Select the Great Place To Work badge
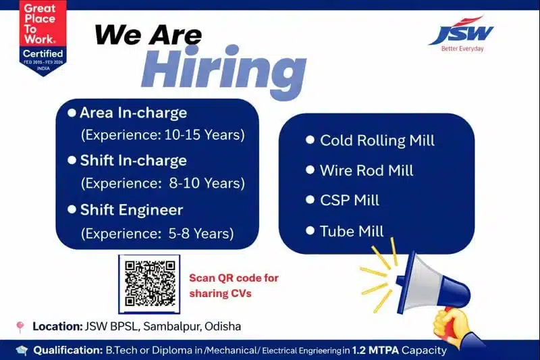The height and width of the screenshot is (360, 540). (x=43, y=37)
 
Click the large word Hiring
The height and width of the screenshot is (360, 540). (x=223, y=70)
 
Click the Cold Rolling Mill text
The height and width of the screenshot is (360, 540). (x=377, y=140)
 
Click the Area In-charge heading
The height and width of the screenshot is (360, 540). (x=133, y=113)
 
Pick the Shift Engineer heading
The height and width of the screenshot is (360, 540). (x=132, y=210)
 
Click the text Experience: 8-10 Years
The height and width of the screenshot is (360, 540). (x=163, y=183)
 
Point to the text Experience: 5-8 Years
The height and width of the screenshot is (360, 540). (x=157, y=234)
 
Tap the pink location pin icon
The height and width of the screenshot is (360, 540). (x=20, y=327)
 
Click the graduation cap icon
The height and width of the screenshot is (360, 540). (x=22, y=350)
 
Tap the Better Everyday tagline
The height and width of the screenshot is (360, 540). (x=462, y=49)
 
